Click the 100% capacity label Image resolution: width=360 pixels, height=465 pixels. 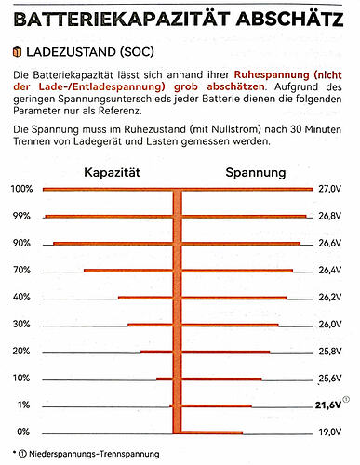(21, 189)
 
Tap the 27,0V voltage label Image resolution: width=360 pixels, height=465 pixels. (330, 189)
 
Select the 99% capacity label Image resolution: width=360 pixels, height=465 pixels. (22, 216)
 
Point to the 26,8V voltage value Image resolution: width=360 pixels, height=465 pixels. (330, 216)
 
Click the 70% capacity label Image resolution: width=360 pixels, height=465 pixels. (22, 271)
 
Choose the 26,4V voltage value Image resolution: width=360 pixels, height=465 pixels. (330, 271)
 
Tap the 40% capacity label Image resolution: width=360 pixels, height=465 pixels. (22, 298)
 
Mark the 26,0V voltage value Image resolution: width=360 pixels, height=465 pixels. (330, 325)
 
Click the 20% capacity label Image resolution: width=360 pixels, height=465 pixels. (22, 352)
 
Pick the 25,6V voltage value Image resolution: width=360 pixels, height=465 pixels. (330, 379)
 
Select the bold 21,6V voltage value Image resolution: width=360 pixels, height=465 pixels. (328, 406)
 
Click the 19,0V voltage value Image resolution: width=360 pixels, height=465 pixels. (330, 432)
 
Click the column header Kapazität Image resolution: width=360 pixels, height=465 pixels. (112, 172)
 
